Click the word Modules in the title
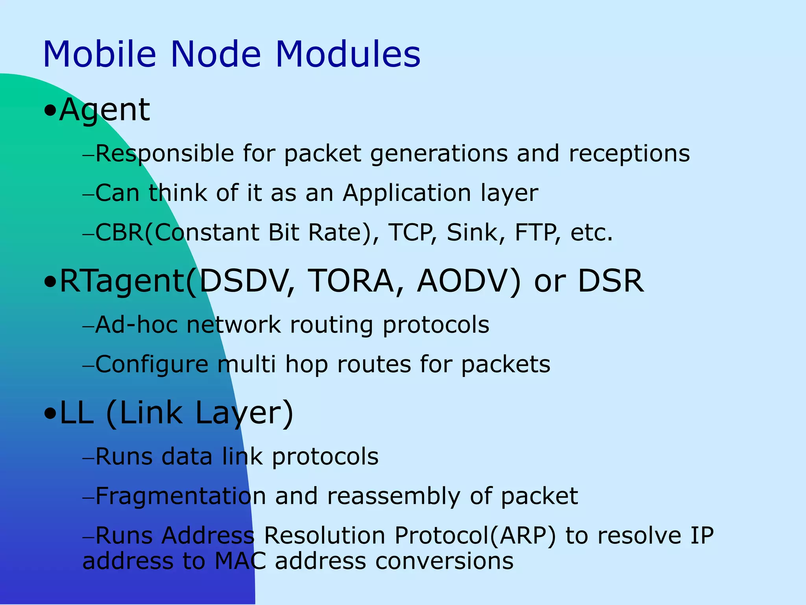pos(348,54)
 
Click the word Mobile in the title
pos(100,54)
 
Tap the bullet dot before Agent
pos(50,111)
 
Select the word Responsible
pos(165,154)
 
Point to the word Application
pos(407,193)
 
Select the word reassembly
pos(394,497)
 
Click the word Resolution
pos(324,536)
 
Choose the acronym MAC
pos(240,561)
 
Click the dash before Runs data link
pos(89,458)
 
